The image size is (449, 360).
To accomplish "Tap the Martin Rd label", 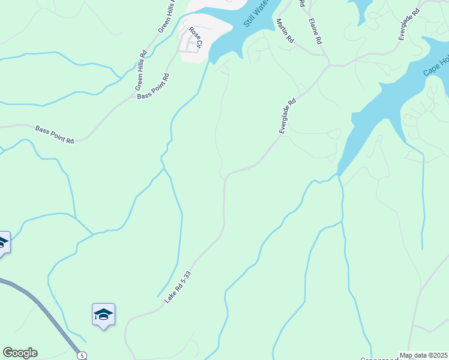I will tap(285, 30).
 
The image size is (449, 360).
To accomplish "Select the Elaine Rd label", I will tap(316, 32).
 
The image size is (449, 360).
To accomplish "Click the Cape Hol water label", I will tap(436, 65).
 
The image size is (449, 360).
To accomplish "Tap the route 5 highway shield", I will tap(80, 356).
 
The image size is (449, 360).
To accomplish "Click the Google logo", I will tap(20, 353).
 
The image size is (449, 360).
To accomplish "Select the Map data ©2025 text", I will tap(423, 355).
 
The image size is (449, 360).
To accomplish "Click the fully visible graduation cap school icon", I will tap(103, 314).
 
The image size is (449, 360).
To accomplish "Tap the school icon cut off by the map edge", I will tap(3, 242).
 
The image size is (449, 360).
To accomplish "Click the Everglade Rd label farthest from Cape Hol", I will tap(288, 116).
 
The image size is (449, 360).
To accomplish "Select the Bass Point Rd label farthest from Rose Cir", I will tap(54, 134).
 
